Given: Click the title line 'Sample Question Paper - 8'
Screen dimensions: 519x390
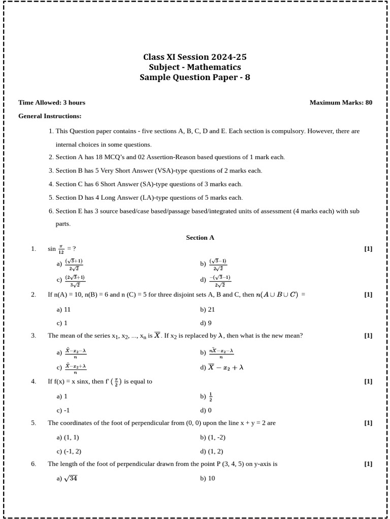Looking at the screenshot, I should click(195, 78).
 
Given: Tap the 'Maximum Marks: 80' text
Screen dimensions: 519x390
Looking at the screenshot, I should click(341, 102).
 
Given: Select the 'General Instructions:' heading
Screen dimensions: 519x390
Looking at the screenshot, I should click(50, 116).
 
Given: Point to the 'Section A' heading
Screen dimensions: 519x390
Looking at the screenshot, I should click(200, 237).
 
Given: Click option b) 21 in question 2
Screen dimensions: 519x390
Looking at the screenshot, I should click(208, 309).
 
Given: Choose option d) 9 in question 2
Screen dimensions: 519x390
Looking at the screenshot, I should click(206, 323).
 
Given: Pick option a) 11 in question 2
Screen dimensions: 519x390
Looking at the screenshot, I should click(63, 309).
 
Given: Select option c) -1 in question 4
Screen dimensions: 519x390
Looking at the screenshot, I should click(63, 410).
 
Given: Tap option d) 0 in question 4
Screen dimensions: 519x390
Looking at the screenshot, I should click(206, 410).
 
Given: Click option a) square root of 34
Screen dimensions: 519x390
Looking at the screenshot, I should click(67, 478).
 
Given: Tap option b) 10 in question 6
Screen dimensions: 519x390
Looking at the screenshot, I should click(208, 478).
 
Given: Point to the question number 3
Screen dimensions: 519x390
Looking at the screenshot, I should click(34, 336).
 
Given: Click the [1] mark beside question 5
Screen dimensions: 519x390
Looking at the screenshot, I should click(368, 423).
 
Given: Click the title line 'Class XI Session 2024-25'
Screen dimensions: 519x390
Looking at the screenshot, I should click(195, 57).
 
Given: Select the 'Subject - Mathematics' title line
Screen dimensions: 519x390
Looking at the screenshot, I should click(195, 67).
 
